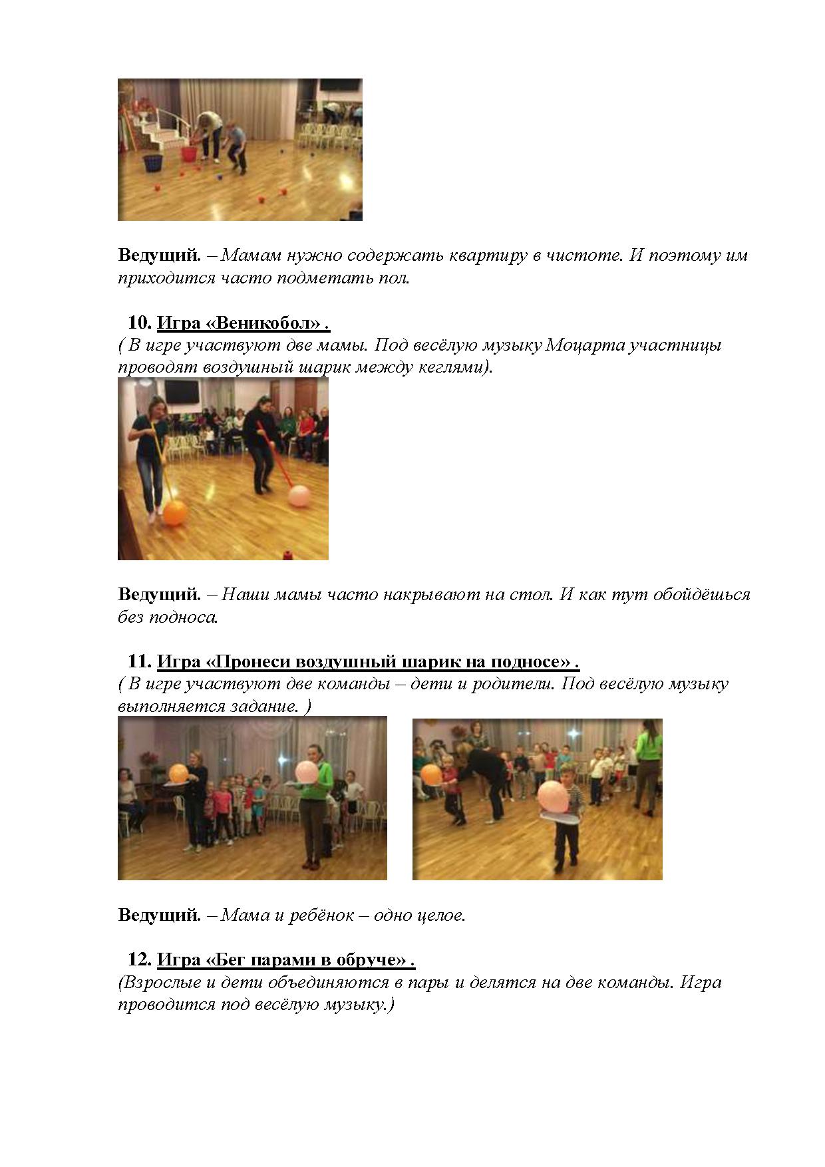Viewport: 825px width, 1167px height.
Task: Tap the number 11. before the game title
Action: pos(140,661)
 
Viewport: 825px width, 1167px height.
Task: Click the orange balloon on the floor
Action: pos(175,513)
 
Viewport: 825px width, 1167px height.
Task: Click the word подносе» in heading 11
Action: pos(531,662)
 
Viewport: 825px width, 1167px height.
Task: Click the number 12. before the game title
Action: pos(140,959)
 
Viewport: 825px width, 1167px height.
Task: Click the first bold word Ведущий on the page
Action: pos(159,255)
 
